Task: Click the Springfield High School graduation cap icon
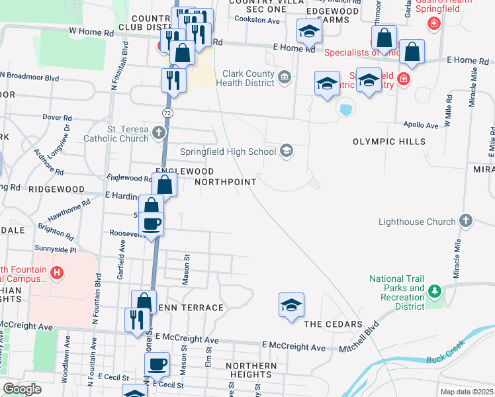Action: pos(287,151)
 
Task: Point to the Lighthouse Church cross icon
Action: pos(466,221)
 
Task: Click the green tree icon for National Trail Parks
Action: pos(434,291)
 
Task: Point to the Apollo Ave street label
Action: pos(422,124)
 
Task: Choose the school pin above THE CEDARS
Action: pos(291,305)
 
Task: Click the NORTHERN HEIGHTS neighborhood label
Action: pos(251,371)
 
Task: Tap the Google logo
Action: pos(22,390)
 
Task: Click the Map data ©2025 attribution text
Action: pos(467,392)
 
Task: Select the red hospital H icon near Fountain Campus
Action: pos(57,272)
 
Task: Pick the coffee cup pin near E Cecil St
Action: pos(157,364)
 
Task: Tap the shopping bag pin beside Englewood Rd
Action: pos(165,185)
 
